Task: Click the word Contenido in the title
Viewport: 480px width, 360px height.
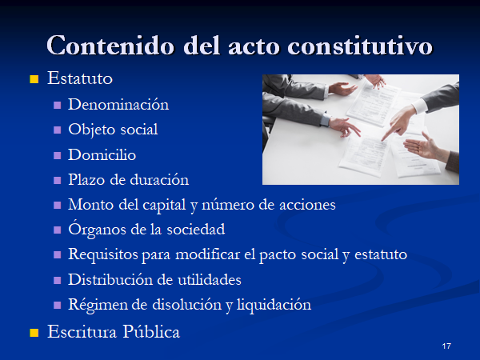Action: click(x=110, y=46)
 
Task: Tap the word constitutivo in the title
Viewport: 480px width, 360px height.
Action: click(x=360, y=46)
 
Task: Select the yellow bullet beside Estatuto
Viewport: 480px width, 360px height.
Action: click(x=34, y=79)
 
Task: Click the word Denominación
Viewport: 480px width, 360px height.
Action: click(x=118, y=104)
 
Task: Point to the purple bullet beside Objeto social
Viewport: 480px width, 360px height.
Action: click(x=58, y=130)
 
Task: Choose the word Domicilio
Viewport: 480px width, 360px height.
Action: click(x=102, y=154)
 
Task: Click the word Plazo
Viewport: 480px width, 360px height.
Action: click(x=86, y=180)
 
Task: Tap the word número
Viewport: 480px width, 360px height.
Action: click(x=228, y=205)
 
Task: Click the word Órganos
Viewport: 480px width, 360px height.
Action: click(x=97, y=230)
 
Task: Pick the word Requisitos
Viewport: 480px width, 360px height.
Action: click(x=103, y=254)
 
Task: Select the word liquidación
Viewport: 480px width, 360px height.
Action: click(x=274, y=305)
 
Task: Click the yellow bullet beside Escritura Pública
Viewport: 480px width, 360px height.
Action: click(x=34, y=333)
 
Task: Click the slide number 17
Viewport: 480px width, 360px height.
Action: click(x=446, y=346)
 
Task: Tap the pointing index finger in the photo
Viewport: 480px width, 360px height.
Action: click(x=390, y=133)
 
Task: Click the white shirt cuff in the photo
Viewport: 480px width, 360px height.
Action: click(x=419, y=106)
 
